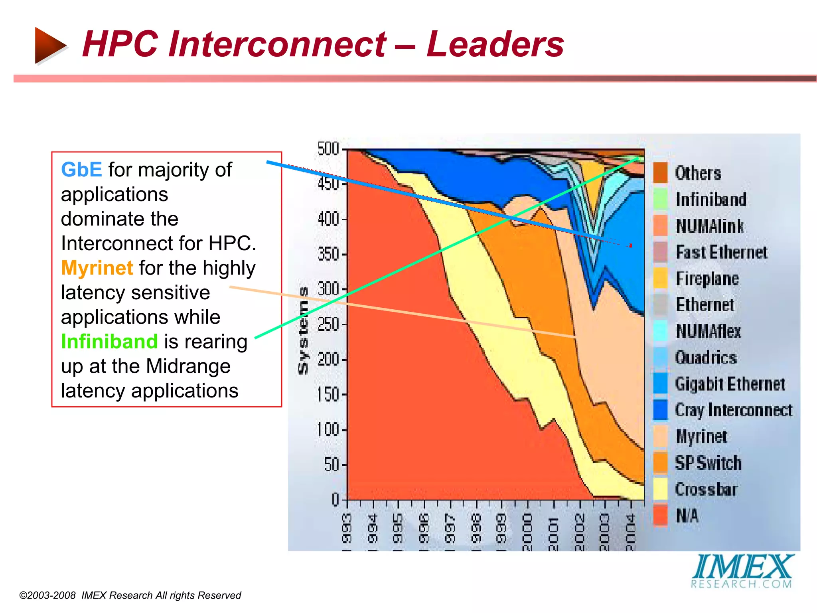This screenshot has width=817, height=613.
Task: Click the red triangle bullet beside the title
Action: click(x=49, y=45)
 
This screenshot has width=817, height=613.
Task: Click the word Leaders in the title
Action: click(x=495, y=44)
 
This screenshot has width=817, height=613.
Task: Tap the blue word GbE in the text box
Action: click(x=81, y=170)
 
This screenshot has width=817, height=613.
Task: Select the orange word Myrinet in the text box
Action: click(x=97, y=268)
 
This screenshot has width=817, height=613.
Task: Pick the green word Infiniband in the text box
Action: click(x=109, y=342)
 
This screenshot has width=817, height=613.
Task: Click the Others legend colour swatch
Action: click(x=660, y=173)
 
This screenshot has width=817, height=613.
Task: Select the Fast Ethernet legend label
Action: click(x=721, y=252)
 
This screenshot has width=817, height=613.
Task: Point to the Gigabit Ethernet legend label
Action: click(x=730, y=384)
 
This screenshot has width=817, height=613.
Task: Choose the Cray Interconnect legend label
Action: click(x=733, y=410)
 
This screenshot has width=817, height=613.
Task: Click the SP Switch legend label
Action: click(x=708, y=463)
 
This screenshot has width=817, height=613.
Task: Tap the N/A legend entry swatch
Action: click(x=660, y=515)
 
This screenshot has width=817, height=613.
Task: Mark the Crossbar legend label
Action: click(x=706, y=489)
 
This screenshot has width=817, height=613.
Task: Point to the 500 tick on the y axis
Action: click(x=328, y=149)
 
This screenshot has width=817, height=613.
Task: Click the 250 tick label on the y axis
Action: click(x=328, y=324)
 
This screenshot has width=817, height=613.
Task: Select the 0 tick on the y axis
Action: click(x=335, y=500)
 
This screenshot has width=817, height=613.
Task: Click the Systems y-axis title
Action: click(x=304, y=330)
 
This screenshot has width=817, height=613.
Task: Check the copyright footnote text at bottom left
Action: click(x=130, y=595)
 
